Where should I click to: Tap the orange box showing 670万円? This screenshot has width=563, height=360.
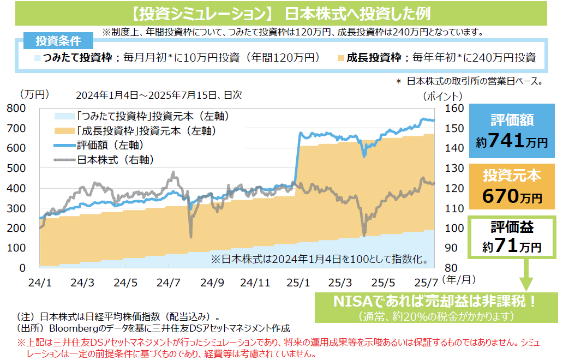click(511, 186)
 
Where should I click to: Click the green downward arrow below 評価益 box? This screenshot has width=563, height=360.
click(525, 275)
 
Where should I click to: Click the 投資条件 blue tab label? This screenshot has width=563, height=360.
click(58, 41)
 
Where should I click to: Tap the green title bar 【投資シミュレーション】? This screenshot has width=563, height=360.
click(281, 13)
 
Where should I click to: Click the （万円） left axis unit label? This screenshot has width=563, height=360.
click(34, 94)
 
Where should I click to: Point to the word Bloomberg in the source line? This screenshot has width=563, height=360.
click(71, 328)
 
